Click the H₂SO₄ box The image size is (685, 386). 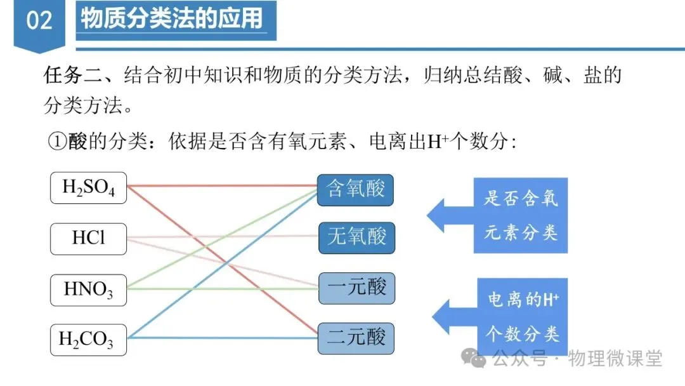[x=88, y=188]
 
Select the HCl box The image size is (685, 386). [x=88, y=238]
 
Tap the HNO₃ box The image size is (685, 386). [x=88, y=289]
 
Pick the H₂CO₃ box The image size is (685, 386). [x=88, y=340]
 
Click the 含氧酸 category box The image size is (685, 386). [x=355, y=189]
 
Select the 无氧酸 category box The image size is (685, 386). [x=356, y=237]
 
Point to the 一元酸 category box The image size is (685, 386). [x=356, y=288]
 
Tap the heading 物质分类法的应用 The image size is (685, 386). [x=172, y=18]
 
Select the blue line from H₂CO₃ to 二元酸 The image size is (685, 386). [x=222, y=338]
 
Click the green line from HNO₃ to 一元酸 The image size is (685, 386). [x=222, y=289]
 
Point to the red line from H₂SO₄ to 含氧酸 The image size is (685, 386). [x=222, y=186]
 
